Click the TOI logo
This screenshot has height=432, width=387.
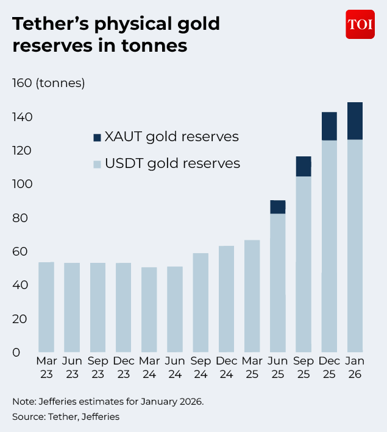click(x=360, y=24)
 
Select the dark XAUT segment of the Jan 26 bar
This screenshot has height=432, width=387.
click(x=355, y=120)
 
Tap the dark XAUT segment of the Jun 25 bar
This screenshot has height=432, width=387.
click(x=278, y=207)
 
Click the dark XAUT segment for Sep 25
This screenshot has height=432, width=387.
click(x=304, y=166)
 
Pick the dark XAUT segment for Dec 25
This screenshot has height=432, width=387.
click(x=329, y=126)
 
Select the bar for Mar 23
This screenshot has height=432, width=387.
click(x=46, y=307)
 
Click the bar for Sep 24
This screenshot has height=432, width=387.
click(x=201, y=302)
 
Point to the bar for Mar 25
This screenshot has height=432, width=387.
click(x=252, y=296)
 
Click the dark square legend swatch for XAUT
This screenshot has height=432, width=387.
click(x=97, y=138)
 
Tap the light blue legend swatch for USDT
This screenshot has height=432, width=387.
click(x=97, y=164)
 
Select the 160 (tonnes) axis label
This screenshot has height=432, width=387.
click(x=49, y=83)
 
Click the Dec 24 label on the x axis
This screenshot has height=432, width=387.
click(x=227, y=368)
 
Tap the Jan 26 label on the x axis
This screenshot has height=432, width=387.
click(x=355, y=368)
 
